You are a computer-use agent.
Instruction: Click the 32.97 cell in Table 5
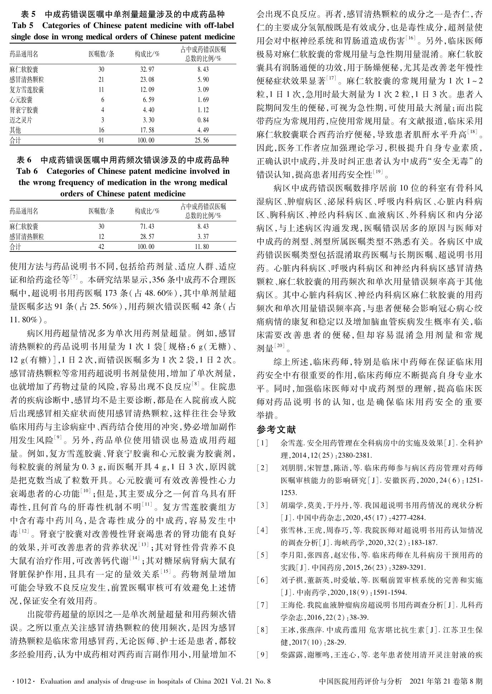click(147, 69)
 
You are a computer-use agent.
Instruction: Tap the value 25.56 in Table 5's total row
click(201, 140)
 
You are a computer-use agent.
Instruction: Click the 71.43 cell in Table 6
click(147, 226)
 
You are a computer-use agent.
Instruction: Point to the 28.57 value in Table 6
click(147, 236)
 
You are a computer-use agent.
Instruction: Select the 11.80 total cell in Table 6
click(201, 246)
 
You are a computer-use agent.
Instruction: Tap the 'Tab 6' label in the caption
click(27, 171)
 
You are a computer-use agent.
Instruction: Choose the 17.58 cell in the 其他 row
click(147, 130)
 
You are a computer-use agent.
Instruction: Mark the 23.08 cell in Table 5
click(147, 79)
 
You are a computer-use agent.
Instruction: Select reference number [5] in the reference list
click(262, 555)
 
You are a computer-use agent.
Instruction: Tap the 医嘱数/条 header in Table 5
click(101, 54)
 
